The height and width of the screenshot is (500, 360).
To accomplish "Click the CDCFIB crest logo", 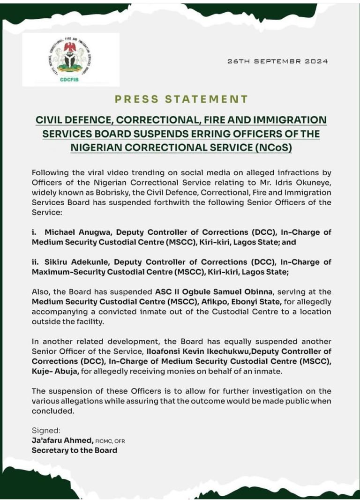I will click(x=70, y=60).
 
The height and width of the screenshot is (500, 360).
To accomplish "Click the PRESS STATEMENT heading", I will click(x=180, y=99).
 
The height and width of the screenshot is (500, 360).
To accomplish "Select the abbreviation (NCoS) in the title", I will click(x=265, y=147).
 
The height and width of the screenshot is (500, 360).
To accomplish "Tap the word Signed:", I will click(x=45, y=430).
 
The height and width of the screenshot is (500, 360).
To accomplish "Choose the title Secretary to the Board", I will click(x=74, y=450).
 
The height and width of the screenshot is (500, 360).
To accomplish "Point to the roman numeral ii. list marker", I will click(x=36, y=262).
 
